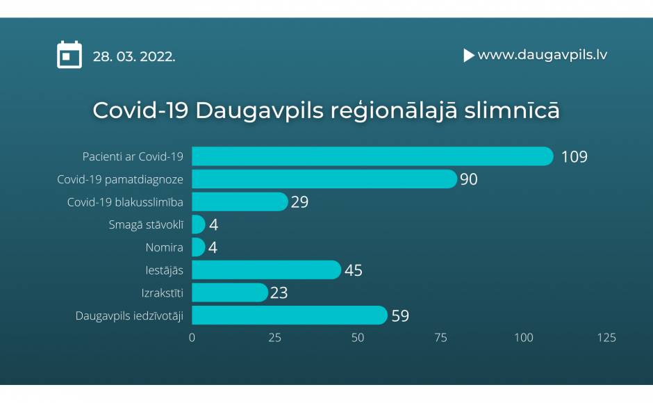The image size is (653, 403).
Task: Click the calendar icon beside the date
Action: pos(69,55)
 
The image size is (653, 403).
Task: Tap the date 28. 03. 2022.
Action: pos(133,56)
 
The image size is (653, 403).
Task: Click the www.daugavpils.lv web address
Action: pos(543,55)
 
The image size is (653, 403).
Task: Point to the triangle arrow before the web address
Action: pos(469,55)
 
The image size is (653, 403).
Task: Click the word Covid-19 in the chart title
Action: pos(140,110)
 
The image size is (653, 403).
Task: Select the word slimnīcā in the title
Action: pos(512,110)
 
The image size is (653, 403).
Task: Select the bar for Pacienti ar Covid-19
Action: pos(372,156)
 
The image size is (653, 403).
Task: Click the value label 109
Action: pos(575,157)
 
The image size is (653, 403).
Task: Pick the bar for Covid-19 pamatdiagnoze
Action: pos(324,179)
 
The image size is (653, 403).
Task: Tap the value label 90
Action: pos(468,179)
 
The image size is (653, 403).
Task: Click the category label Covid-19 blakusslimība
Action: pos(125,202)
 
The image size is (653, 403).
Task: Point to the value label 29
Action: pos(299,202)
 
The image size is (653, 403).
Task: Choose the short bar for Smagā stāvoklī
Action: pos(198,224)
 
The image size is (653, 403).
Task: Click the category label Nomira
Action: pos(164,247)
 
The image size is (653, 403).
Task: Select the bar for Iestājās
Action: pos(266,270)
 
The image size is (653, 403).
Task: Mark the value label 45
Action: pos(353,270)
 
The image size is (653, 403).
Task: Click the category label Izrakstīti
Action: pos(162,293)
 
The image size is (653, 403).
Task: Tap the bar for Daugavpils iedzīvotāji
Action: pos(290,315)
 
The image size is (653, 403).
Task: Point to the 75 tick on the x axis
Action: pos(440,338)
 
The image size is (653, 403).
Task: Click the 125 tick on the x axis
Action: pos(606,338)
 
